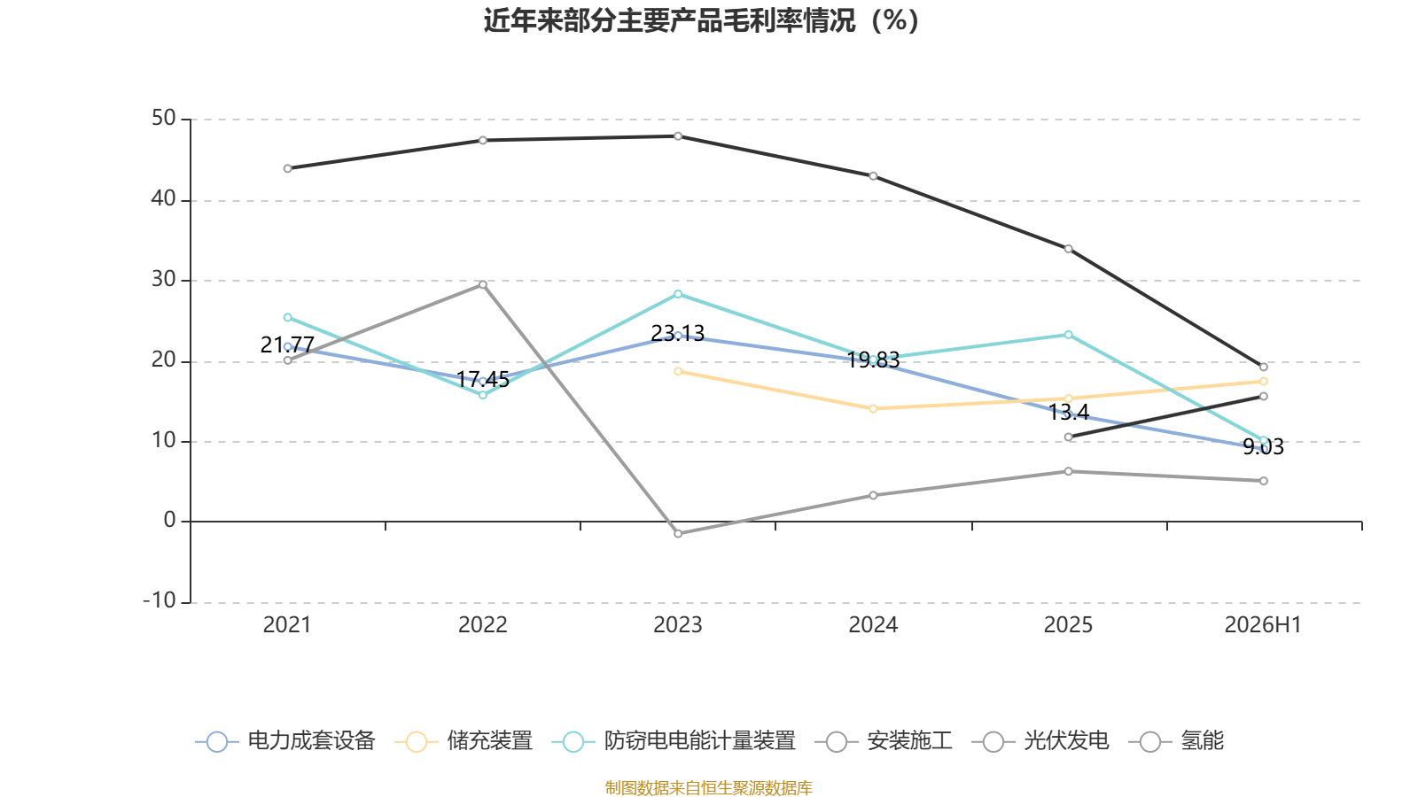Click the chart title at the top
(701, 20)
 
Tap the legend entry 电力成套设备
(285, 740)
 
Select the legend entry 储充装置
(464, 740)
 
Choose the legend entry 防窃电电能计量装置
(674, 740)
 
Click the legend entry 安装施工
(884, 740)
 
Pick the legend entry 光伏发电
(1040, 740)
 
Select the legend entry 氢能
(1176, 740)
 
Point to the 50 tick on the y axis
(163, 119)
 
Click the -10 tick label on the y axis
(160, 600)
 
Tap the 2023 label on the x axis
(677, 625)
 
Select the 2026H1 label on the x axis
(1263, 625)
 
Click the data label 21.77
(287, 344)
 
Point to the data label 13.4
(1069, 413)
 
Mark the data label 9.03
(1264, 446)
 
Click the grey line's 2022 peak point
(483, 284)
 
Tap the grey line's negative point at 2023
(678, 534)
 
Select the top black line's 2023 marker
(678, 136)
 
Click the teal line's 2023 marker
(678, 294)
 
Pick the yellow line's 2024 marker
(873, 408)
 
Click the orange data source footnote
(708, 787)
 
